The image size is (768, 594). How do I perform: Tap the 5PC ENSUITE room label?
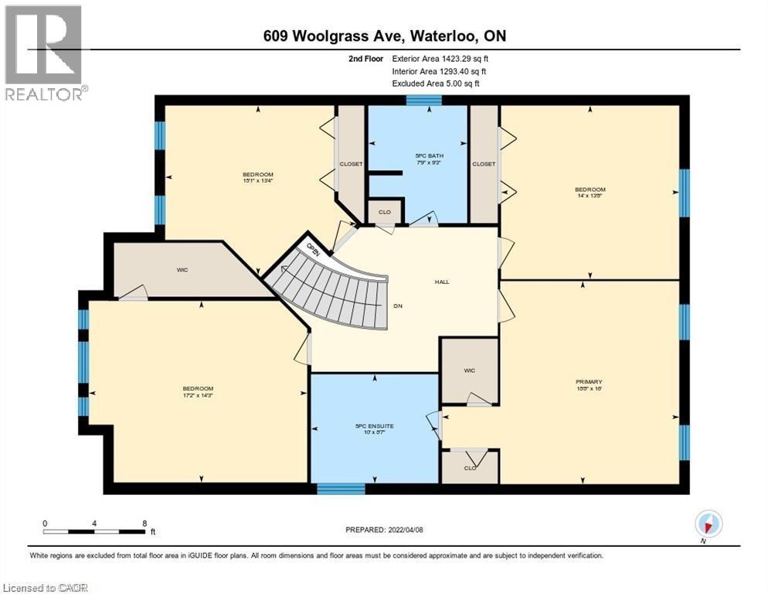[x=375, y=427]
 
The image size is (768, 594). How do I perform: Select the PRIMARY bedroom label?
[x=588, y=381]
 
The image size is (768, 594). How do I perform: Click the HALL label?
[x=442, y=282]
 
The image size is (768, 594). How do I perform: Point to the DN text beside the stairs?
[x=398, y=306]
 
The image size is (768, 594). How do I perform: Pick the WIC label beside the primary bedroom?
[x=469, y=370]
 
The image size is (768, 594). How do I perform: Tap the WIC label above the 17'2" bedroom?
[x=182, y=270]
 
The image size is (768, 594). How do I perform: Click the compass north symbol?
[x=708, y=524]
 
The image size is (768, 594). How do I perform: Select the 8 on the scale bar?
[x=144, y=524]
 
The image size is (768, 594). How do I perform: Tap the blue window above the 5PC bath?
[x=423, y=99]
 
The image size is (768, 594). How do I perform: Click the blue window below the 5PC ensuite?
[x=341, y=489]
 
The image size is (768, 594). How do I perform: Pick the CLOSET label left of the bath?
[x=352, y=164]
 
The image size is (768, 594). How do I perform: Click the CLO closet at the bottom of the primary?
[x=469, y=467]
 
